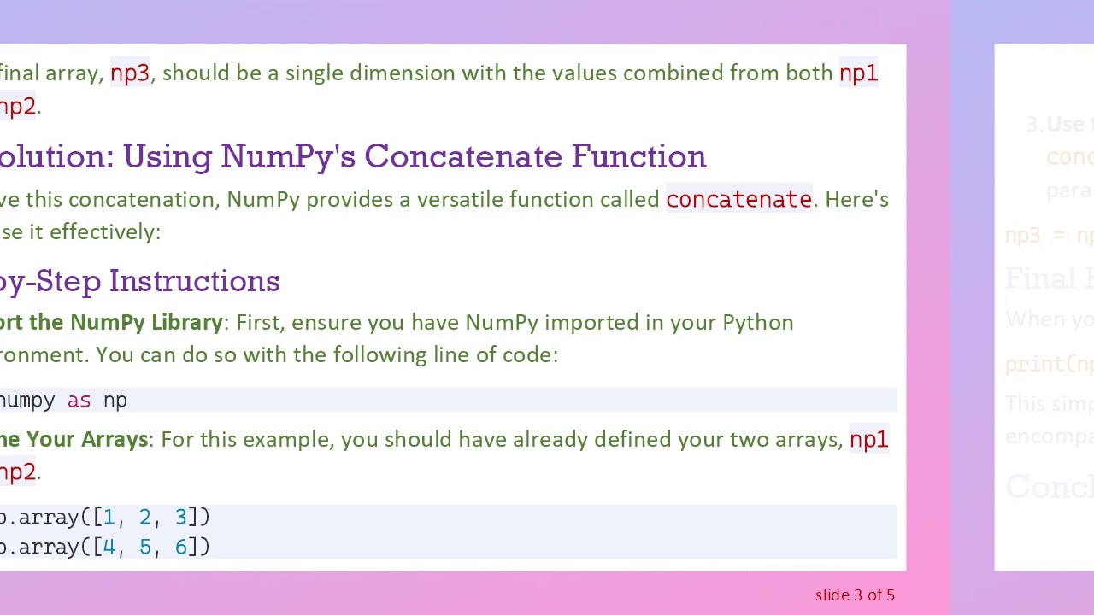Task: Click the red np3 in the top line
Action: point(130,73)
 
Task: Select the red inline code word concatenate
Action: point(738,200)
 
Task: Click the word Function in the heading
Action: point(638,156)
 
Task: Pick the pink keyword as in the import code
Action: point(79,401)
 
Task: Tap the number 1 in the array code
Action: point(109,518)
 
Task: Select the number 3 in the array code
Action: point(180,518)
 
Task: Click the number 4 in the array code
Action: point(109,548)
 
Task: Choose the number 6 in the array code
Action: point(180,548)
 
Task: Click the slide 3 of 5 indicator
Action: point(855,595)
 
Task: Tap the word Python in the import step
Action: point(757,323)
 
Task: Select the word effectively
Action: point(104,232)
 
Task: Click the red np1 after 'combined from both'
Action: point(858,73)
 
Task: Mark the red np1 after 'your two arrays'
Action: point(868,440)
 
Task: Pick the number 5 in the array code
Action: point(144,548)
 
